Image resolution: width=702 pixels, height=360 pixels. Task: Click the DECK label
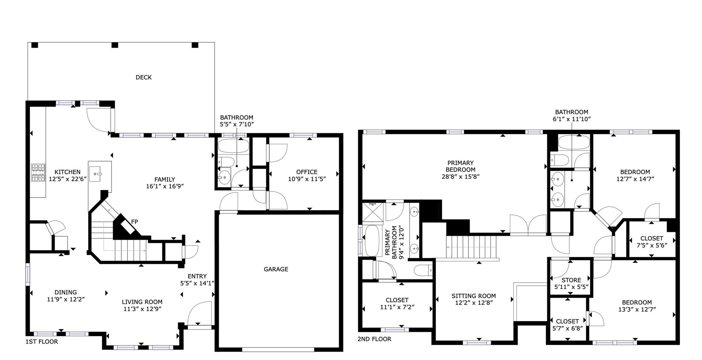click(x=144, y=77)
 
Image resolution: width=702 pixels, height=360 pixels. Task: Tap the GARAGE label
click(x=276, y=269)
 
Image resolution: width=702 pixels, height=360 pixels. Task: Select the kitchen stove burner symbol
click(x=38, y=172)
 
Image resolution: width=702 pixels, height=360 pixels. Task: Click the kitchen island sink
click(x=96, y=172)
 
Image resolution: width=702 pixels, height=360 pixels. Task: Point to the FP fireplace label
click(x=135, y=222)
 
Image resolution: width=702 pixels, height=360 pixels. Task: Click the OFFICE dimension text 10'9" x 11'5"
click(x=306, y=179)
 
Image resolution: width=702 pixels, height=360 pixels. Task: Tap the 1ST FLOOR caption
click(x=41, y=342)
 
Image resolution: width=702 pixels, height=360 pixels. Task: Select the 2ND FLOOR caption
click(x=374, y=339)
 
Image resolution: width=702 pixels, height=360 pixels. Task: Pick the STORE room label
click(x=571, y=280)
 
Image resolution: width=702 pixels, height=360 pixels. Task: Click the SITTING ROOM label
click(x=473, y=296)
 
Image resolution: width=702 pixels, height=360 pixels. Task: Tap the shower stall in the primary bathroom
click(x=373, y=213)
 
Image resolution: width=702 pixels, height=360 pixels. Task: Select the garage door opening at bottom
click(x=278, y=350)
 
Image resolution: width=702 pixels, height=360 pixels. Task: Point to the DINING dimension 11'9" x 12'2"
click(x=65, y=299)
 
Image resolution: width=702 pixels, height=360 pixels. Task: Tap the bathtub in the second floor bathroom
click(x=574, y=142)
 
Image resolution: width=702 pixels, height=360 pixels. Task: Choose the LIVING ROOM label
click(x=142, y=302)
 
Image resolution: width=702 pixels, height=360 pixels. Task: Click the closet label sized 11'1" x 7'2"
click(x=397, y=300)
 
